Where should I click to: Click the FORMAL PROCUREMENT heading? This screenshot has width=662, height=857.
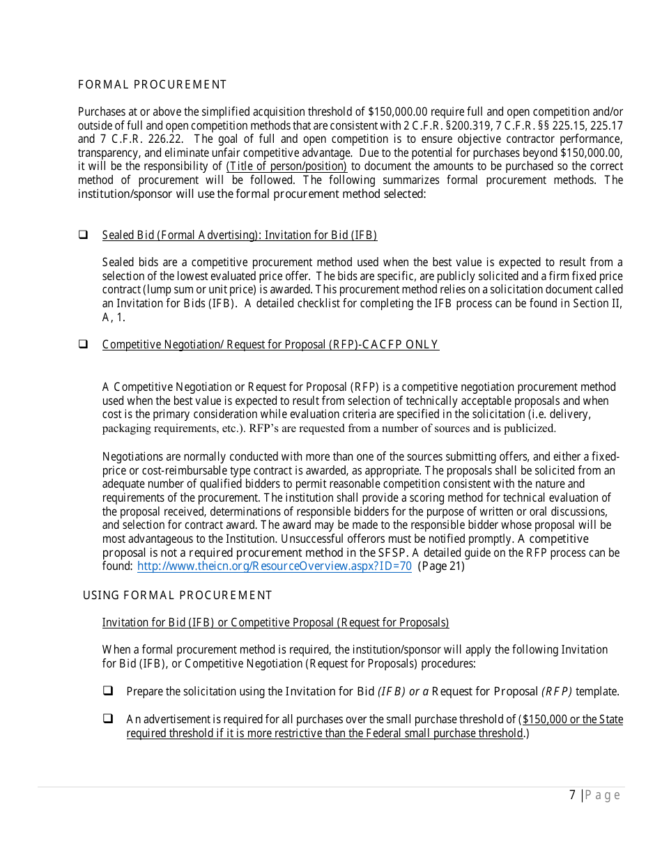point(152,85)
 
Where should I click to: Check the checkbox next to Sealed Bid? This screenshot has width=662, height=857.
point(83,235)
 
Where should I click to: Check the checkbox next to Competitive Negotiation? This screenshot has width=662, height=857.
point(83,344)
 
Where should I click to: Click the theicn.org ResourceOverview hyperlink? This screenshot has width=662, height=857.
point(274,566)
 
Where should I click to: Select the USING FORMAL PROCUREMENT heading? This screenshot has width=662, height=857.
point(177,595)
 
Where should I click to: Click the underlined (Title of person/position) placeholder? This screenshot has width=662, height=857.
point(286,167)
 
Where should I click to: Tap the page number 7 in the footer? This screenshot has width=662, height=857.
point(572,795)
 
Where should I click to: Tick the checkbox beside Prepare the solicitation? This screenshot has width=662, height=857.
point(108,691)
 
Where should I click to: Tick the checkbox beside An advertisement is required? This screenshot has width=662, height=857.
point(108,718)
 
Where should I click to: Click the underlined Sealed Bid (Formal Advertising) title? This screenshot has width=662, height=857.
point(239,235)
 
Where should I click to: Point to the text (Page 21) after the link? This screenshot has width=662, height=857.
point(441,566)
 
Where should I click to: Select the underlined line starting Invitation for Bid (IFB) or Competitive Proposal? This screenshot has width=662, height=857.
point(275,622)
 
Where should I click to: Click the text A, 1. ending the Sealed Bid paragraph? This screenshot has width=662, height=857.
point(114,317)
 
